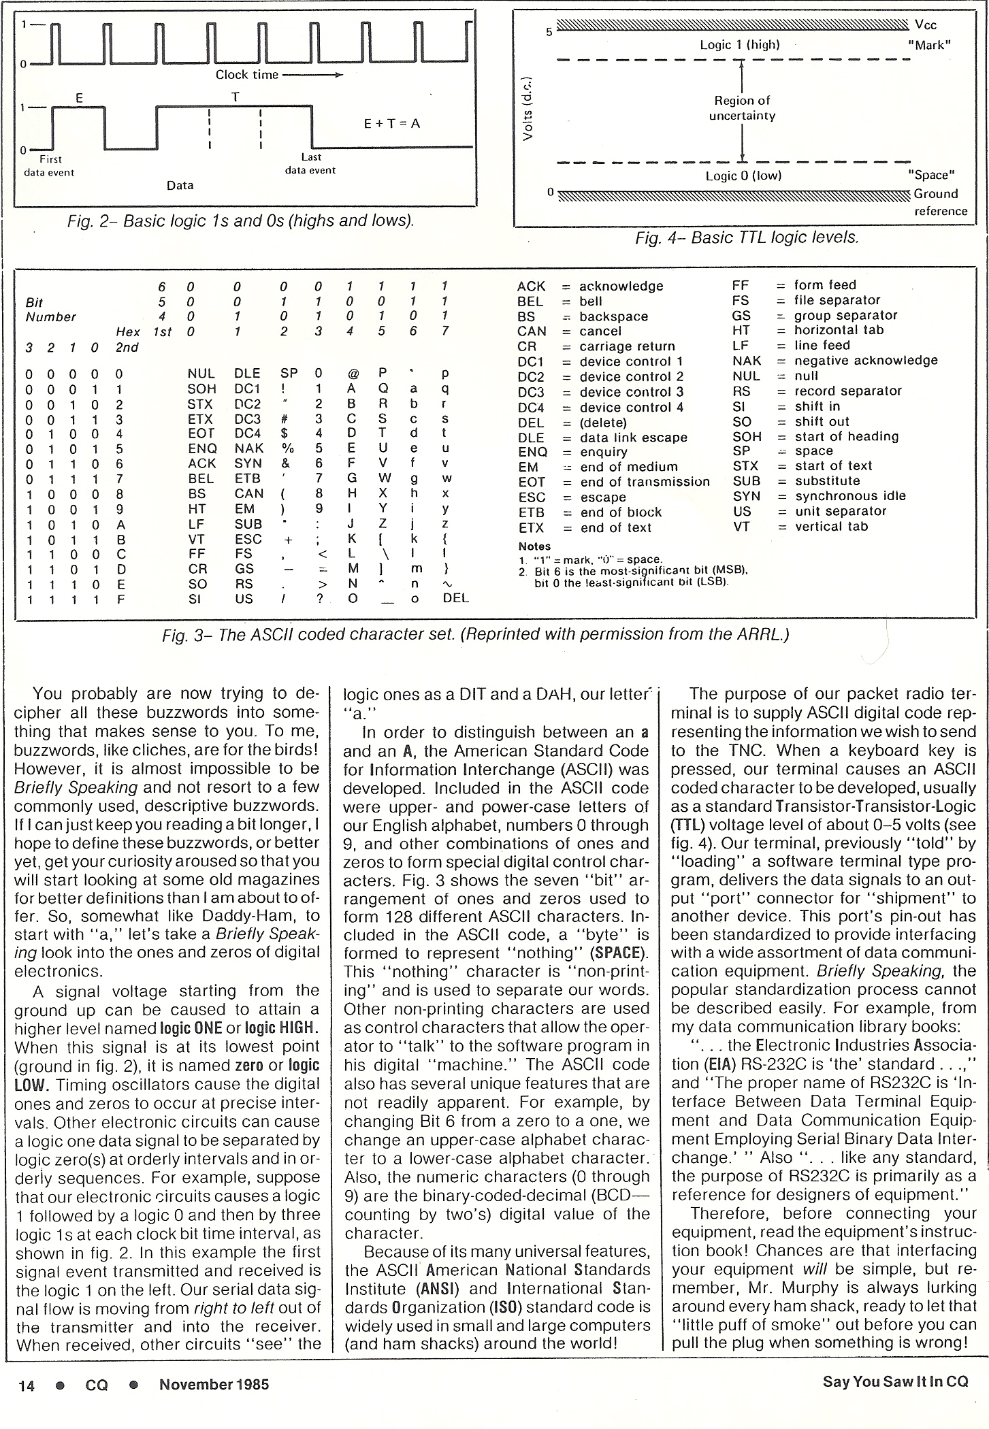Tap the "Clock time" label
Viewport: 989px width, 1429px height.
point(247,75)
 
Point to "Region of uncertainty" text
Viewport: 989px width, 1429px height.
point(742,108)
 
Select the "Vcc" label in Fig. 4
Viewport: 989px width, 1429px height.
point(926,25)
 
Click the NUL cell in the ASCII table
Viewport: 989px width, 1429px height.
point(201,374)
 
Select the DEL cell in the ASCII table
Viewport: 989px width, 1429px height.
point(455,599)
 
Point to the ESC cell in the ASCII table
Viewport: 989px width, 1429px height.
point(248,539)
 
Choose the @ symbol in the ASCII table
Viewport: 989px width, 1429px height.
point(353,374)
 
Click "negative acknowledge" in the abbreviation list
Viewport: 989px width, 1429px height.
point(866,360)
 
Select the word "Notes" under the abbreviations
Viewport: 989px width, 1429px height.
point(534,546)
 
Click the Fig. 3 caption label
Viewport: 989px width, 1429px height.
point(476,634)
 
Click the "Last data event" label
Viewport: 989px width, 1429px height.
point(310,163)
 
